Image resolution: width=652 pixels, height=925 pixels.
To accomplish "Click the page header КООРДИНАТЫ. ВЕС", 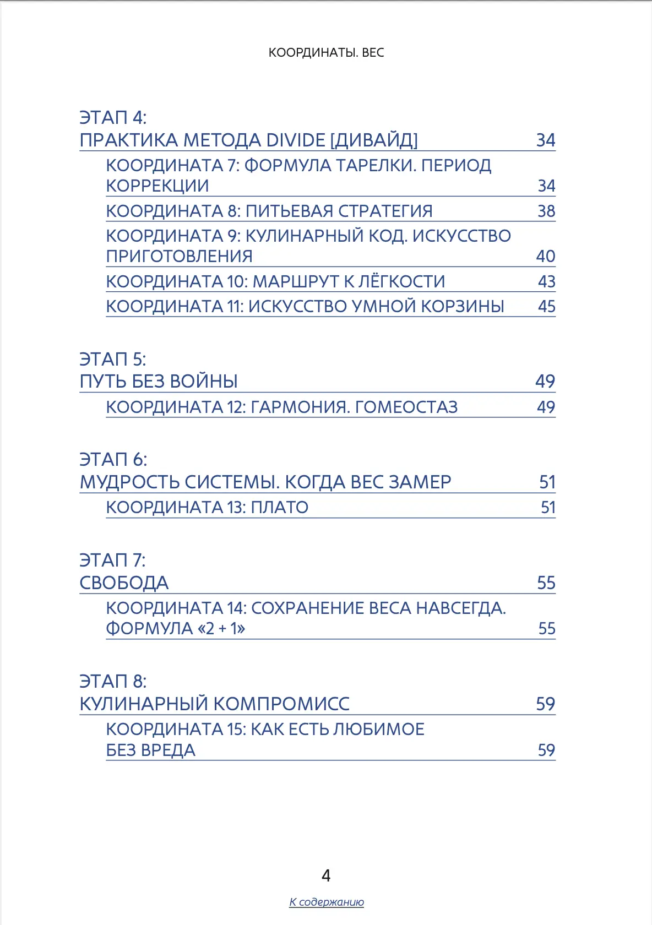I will pyautogui.click(x=326, y=53).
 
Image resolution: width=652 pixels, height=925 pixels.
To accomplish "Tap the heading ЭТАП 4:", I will pyautogui.click(x=113, y=118).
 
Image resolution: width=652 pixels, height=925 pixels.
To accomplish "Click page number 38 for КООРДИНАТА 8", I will pyautogui.click(x=546, y=211).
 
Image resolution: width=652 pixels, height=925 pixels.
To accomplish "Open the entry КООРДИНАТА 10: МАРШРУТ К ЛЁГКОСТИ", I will pyautogui.click(x=275, y=282).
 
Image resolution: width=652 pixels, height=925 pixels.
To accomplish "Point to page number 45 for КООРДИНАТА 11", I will pyautogui.click(x=546, y=307).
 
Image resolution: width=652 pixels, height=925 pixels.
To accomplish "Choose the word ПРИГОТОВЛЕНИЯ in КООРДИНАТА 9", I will pyautogui.click(x=179, y=257).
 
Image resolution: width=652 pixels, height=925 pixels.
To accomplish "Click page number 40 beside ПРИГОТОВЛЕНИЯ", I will pyautogui.click(x=545, y=257).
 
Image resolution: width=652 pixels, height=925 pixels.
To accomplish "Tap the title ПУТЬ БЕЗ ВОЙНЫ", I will pyautogui.click(x=159, y=382).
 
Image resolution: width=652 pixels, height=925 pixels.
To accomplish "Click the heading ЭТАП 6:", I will pyautogui.click(x=113, y=460).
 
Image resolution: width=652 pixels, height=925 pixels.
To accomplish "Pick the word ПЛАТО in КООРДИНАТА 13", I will pyautogui.click(x=279, y=508).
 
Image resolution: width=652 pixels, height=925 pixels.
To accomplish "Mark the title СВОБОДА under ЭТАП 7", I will pyautogui.click(x=124, y=583).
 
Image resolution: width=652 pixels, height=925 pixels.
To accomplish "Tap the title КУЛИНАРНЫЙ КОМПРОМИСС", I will pyautogui.click(x=214, y=704).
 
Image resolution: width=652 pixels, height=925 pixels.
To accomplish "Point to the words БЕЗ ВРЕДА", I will pyautogui.click(x=150, y=750).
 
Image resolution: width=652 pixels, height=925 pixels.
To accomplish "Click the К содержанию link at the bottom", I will pyautogui.click(x=327, y=902).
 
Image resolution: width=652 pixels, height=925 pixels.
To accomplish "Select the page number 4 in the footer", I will pyautogui.click(x=326, y=876).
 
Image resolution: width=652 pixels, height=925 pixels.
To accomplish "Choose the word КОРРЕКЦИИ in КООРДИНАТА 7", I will pyautogui.click(x=157, y=186).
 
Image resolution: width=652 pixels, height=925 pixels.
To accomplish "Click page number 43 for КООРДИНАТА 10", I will pyautogui.click(x=546, y=282).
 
